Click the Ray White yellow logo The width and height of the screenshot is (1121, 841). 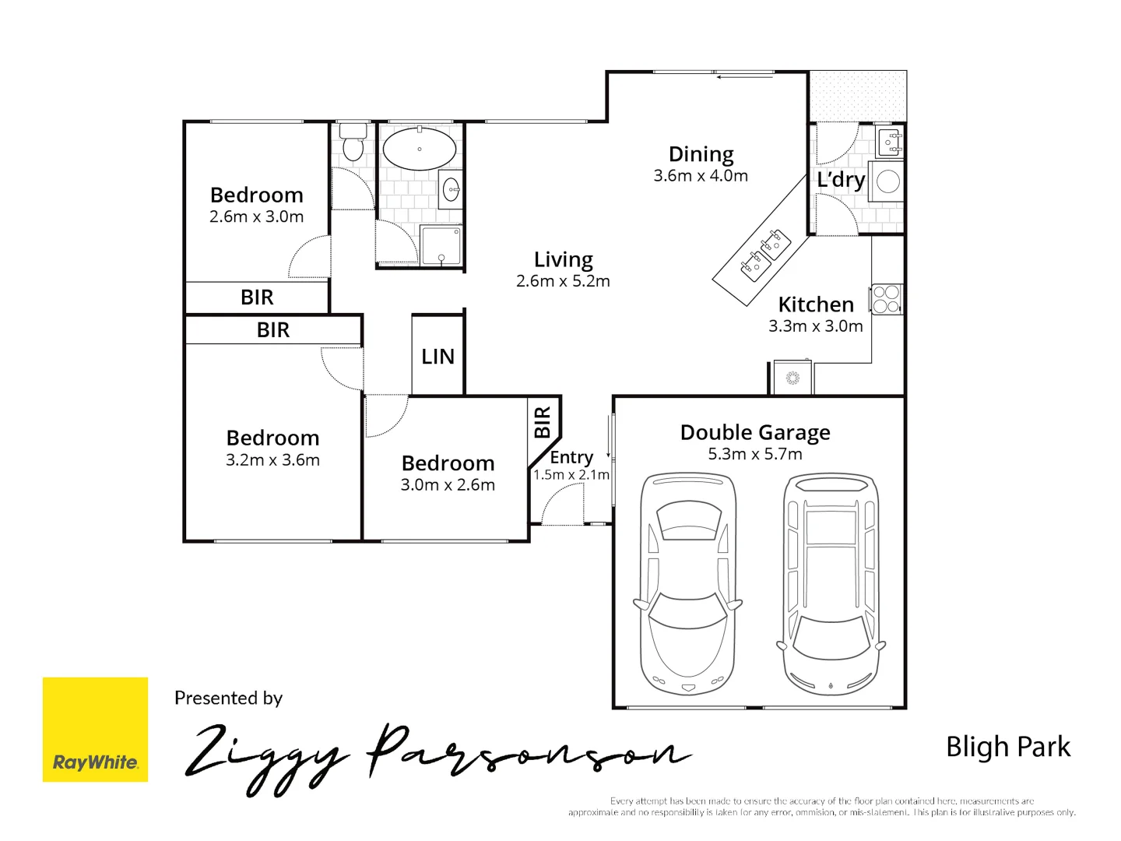[95, 730]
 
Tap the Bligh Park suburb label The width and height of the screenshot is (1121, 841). [1007, 747]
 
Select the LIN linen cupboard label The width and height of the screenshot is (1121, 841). [438, 357]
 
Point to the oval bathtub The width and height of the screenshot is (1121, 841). [420, 148]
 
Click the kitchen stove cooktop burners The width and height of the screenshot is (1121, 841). [887, 299]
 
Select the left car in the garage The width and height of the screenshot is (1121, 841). [687, 584]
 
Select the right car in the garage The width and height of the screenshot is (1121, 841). [831, 584]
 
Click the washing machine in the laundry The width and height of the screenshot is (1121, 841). [887, 181]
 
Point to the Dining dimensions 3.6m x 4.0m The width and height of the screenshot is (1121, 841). [701, 176]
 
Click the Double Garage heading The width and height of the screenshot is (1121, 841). [754, 432]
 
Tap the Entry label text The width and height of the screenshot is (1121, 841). [571, 457]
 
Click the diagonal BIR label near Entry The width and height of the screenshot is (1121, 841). [543, 422]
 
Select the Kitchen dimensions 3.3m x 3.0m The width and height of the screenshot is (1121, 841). [815, 326]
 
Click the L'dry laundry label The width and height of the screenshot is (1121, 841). [840, 180]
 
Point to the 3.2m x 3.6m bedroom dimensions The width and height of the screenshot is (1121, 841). [272, 460]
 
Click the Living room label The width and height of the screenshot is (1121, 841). [563, 259]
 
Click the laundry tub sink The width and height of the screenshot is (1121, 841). [890, 142]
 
